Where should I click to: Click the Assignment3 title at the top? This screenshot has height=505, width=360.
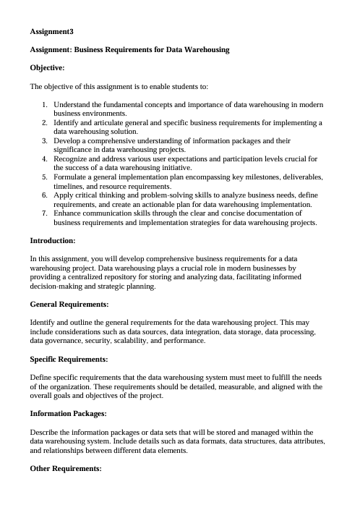coord(51,32)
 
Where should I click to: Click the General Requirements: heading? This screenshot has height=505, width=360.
coord(69,305)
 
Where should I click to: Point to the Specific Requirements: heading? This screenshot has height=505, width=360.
coord(69,359)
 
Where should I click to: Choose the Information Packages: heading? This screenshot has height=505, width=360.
coord(68,414)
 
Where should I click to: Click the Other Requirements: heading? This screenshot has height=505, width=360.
coord(66,469)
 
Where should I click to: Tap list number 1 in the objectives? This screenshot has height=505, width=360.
coord(45,105)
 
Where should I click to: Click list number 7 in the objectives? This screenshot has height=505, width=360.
coord(45,213)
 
